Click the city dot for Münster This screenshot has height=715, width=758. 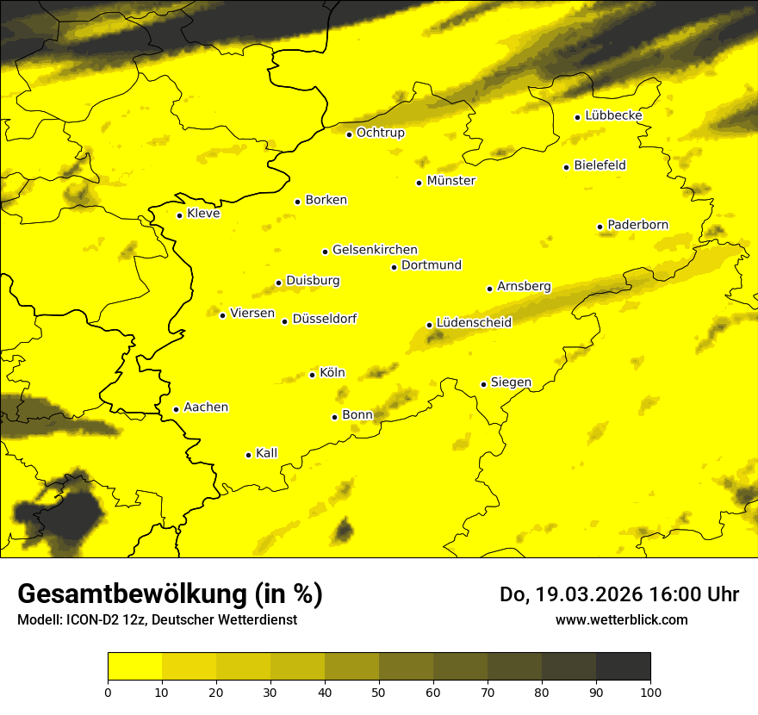coord(419,183)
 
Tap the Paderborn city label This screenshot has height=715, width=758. coord(637,225)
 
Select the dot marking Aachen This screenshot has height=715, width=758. coord(176,409)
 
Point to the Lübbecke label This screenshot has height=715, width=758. coord(613,115)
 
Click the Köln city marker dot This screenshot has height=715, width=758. coord(313,375)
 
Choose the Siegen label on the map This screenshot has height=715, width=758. coord(511,382)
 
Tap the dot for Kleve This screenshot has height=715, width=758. coord(179,215)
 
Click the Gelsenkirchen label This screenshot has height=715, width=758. coord(375,250)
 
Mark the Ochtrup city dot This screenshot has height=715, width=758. coord(349,134)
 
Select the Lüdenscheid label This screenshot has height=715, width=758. coord(474,323)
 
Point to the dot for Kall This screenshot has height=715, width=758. coord(248,455)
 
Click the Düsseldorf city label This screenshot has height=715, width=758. coord(325,319)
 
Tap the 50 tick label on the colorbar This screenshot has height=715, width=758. coord(379,691)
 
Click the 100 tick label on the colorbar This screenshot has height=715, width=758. coord(650,691)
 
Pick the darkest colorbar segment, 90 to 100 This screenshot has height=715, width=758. coord(623,667)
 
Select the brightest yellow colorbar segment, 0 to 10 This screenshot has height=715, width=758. coord(134,667)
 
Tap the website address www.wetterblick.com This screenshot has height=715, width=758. coord(622,619)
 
